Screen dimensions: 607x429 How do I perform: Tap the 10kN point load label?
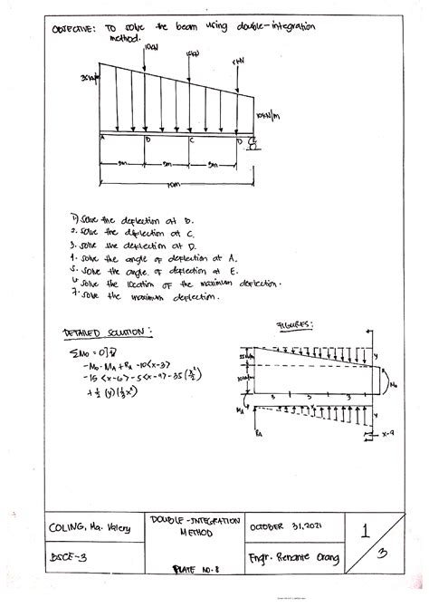tap(150, 44)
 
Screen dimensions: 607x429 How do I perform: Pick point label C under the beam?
tap(191, 140)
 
